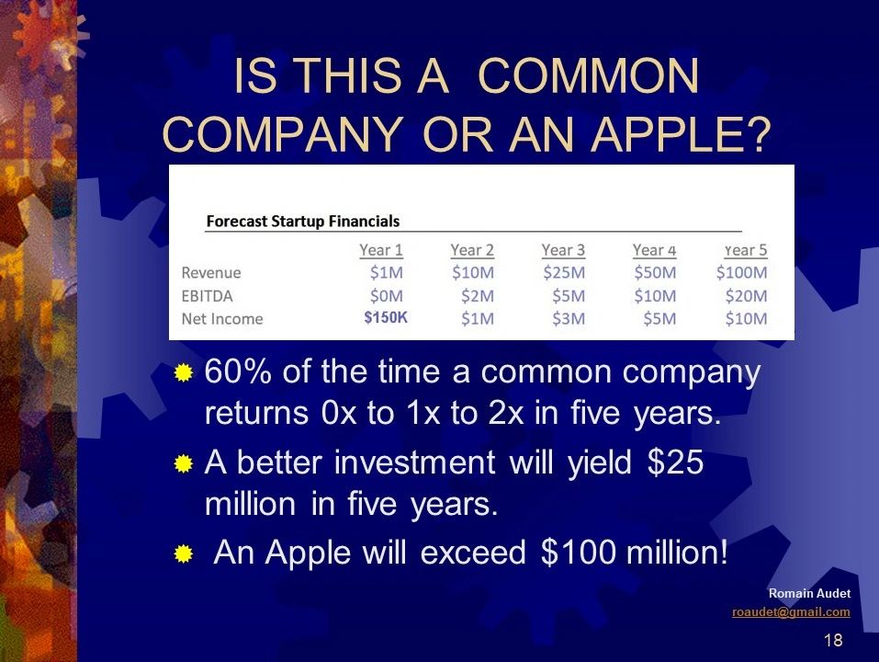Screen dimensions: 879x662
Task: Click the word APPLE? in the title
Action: [681, 133]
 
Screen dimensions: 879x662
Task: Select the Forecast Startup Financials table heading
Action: [303, 221]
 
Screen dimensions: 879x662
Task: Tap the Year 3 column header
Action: [563, 250]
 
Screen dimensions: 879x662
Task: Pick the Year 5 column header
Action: [745, 250]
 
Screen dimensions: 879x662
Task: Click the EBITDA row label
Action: [207, 296]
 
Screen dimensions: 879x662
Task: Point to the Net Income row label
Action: [222, 319]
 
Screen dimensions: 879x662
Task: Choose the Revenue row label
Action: [210, 273]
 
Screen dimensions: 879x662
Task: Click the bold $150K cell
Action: [386, 317]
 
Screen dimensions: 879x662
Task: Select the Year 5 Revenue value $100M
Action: [741, 273]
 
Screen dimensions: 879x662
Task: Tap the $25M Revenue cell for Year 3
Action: [564, 273]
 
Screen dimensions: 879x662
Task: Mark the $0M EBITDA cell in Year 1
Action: [387, 296]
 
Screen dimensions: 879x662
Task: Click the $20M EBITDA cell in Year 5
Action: [746, 296]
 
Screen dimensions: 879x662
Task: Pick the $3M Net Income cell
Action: [569, 319]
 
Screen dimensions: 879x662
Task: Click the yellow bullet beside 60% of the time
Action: [184, 372]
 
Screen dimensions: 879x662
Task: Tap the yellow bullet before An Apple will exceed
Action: [184, 554]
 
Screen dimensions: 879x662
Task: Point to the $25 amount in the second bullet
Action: [675, 462]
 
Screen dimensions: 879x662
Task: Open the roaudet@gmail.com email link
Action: [791, 612]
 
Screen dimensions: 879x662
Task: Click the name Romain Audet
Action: [809, 594]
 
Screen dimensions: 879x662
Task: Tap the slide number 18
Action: [833, 640]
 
